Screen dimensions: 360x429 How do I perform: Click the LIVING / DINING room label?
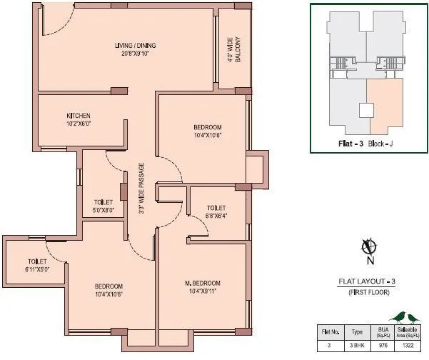coord(135,46)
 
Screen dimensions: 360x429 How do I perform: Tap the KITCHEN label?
coord(79,115)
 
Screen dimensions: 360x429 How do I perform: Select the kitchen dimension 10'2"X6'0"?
coord(79,123)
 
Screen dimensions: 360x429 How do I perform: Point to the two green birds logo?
coord(403,316)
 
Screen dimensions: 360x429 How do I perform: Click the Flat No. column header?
coord(330,331)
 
